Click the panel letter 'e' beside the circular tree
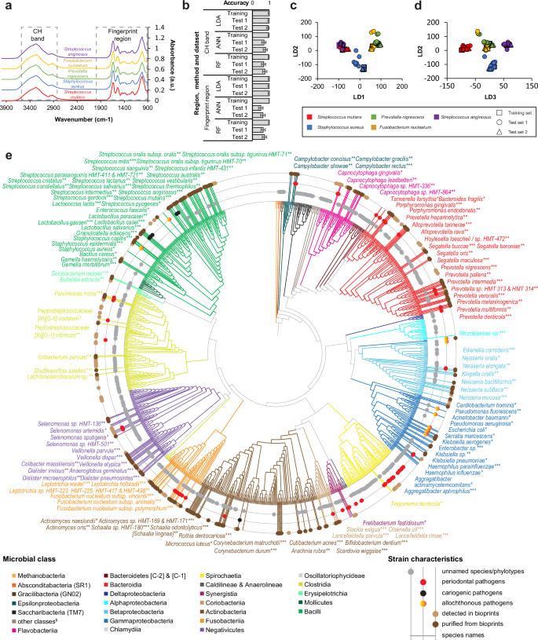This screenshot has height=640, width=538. point(6,146)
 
